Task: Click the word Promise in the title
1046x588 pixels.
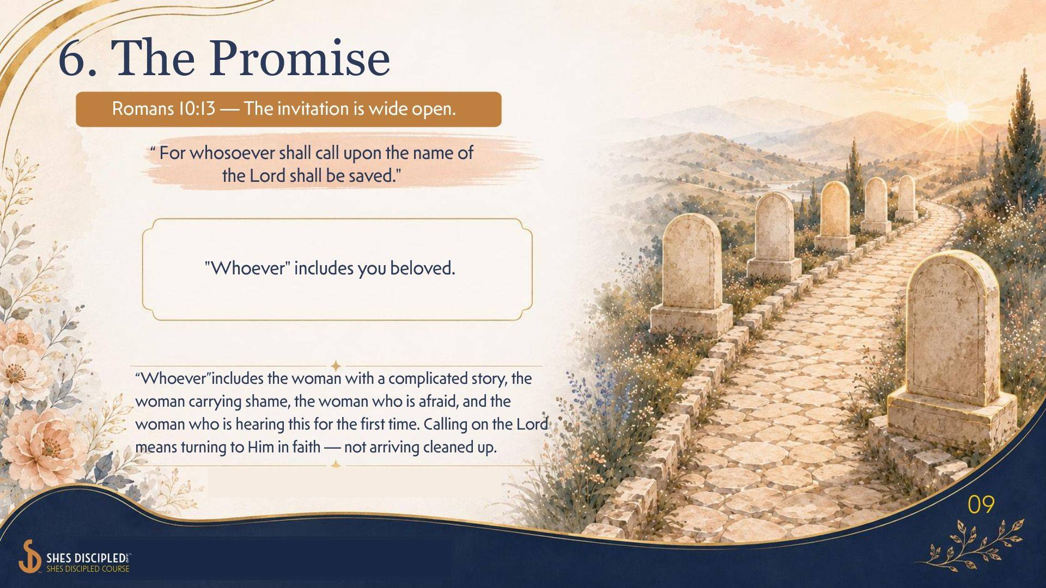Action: coord(299,58)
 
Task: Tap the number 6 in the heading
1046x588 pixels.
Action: coord(73,58)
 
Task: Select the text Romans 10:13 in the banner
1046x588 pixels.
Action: coord(163,109)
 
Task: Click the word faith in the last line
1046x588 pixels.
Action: coord(306,448)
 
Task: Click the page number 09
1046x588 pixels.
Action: coord(981,505)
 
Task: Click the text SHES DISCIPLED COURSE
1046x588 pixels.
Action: coord(88,569)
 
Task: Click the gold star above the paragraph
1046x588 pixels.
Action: coord(336,366)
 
